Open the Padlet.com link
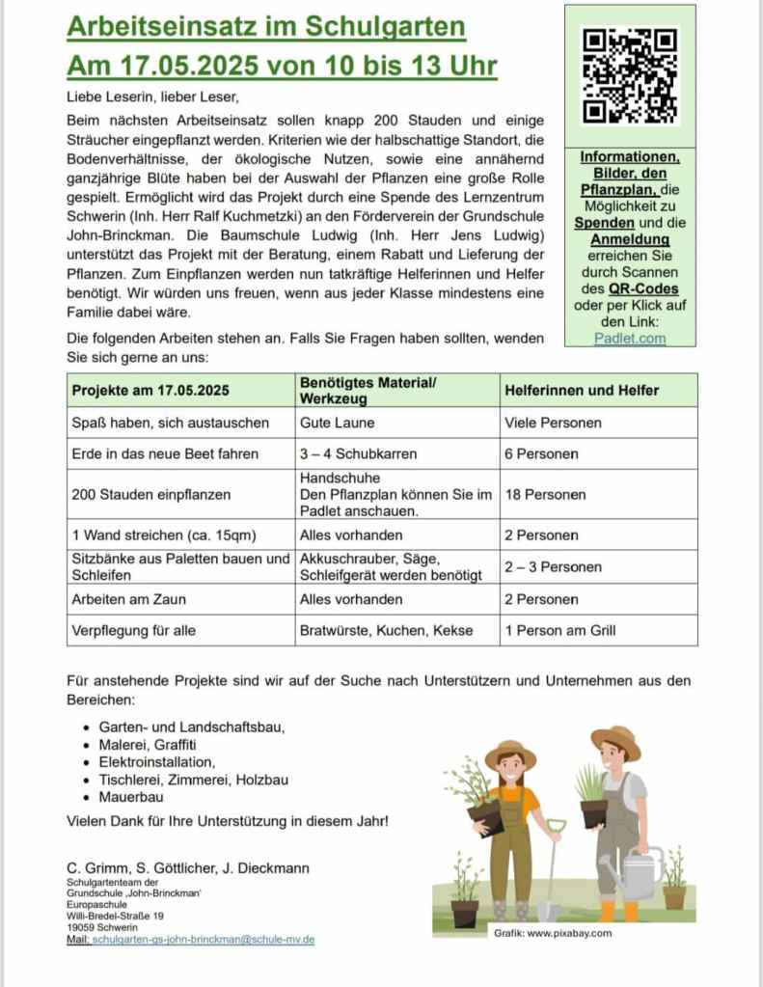(x=630, y=339)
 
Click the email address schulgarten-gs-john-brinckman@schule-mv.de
(x=204, y=939)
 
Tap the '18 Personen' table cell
(x=545, y=494)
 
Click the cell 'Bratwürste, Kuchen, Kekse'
(x=386, y=630)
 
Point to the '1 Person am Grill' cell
(x=559, y=630)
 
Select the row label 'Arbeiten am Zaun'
(x=129, y=599)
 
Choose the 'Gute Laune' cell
(x=338, y=423)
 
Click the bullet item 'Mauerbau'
(x=131, y=798)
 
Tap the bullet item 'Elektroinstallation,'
(x=157, y=762)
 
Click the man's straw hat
(x=616, y=741)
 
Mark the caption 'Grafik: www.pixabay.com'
(x=553, y=934)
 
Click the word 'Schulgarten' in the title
(x=385, y=26)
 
